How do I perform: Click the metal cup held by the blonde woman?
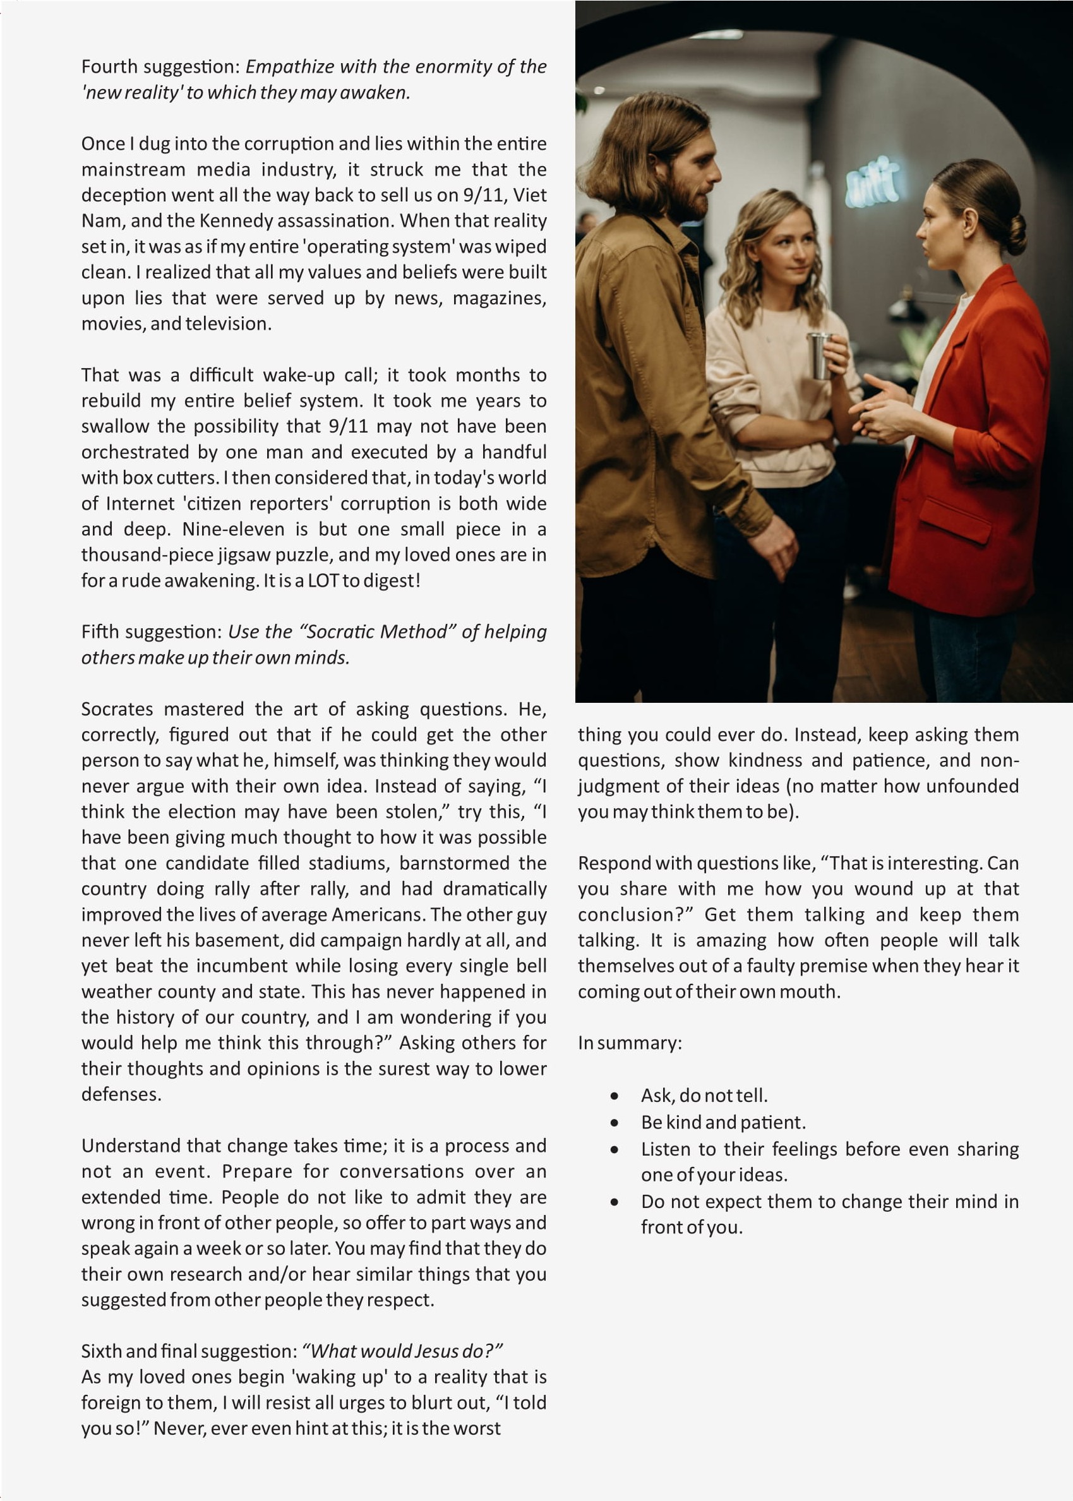click(820, 356)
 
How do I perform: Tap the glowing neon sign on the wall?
click(873, 181)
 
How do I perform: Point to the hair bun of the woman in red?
click(1015, 234)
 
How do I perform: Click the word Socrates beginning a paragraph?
click(117, 710)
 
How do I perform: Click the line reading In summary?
click(629, 1043)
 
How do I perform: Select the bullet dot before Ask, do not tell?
click(614, 1096)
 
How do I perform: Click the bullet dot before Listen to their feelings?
click(614, 1149)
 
